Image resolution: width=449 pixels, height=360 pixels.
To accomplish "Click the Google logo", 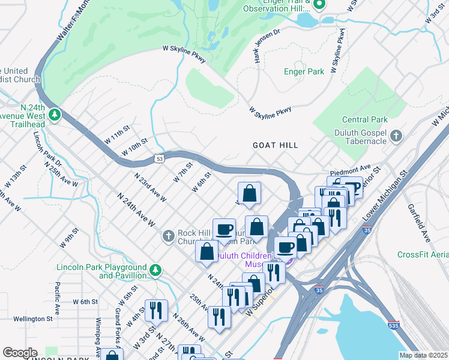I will (20, 353).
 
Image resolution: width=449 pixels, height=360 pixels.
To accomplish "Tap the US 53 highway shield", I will (159, 158).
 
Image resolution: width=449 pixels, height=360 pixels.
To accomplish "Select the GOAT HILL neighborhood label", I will (275, 145).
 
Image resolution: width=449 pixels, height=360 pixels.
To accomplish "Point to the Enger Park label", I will (304, 71).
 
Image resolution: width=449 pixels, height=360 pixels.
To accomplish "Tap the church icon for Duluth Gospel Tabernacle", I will (396, 136).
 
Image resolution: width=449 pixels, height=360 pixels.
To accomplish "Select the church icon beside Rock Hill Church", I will (169, 238).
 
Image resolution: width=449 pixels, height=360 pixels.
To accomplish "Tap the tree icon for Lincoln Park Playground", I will (155, 271).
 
